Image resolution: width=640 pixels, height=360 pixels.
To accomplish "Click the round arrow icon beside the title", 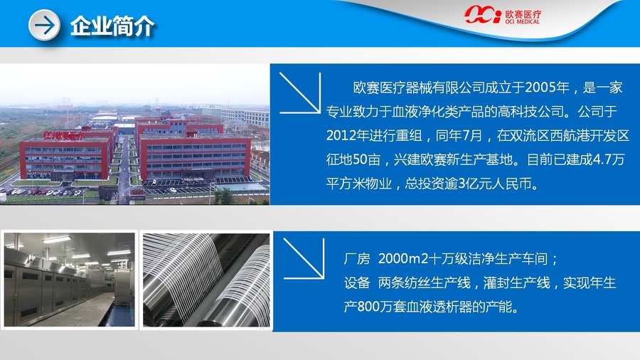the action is [44, 26].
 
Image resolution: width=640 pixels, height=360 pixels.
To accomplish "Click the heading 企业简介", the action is [112, 26].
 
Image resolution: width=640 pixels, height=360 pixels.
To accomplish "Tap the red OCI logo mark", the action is [482, 15].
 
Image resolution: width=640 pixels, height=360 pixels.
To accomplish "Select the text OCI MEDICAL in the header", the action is [523, 21].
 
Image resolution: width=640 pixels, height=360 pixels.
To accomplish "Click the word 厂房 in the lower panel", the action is [357, 258].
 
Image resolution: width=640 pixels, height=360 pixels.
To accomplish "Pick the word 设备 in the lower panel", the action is [357, 282].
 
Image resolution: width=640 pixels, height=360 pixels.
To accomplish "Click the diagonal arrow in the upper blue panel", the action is [300, 93].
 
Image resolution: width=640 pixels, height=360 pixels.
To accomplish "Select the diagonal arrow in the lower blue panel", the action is [304, 259].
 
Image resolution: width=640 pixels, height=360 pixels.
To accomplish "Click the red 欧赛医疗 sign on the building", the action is [64, 135].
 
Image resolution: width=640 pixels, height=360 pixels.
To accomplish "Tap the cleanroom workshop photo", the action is [70, 280].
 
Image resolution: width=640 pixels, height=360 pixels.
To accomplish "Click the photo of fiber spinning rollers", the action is [206, 280].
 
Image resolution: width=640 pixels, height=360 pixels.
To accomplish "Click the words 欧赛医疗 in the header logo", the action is [523, 14].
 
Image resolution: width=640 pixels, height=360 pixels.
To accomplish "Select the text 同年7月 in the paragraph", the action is [459, 135].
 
